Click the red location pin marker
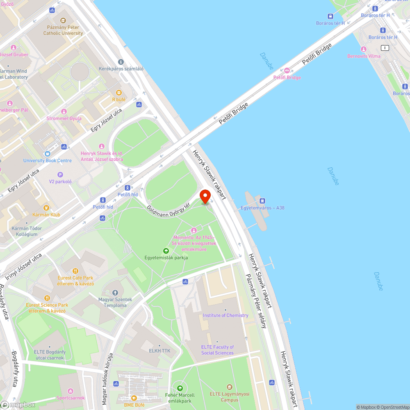205,196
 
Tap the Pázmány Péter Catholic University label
63,30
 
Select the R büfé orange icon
119,93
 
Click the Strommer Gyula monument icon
64,112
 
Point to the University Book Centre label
48,161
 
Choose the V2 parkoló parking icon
60,175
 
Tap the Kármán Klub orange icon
46,208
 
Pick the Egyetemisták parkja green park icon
166,251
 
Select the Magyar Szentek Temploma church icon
115,293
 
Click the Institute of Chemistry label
225,315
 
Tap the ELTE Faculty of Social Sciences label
217,350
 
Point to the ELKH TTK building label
159,351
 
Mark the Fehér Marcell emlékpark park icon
179,388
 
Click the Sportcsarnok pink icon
71,391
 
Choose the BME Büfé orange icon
134,398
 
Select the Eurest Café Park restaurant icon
75,271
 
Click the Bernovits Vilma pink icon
363,49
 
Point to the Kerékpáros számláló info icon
121,62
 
